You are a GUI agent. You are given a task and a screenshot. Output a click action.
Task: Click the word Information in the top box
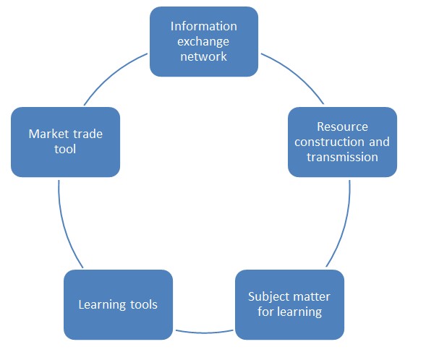204,26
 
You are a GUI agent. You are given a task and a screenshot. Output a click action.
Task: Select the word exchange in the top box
203,42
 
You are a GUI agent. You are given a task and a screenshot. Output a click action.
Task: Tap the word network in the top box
203,56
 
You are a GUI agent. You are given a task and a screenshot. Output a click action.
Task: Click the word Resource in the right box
342,127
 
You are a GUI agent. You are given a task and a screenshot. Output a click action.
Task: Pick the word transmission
342,157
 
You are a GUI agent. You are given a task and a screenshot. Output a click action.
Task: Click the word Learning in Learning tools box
103,305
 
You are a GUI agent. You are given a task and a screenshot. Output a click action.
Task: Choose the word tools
144,304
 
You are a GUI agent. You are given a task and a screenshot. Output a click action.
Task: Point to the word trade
88,134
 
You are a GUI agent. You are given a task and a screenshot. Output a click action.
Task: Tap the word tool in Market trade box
65,150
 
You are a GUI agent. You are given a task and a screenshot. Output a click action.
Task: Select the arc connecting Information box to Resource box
296,74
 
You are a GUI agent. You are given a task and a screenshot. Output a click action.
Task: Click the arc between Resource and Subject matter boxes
344,226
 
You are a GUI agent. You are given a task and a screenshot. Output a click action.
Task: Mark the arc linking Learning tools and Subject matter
204,333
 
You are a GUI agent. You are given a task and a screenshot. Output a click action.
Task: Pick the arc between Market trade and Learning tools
64,226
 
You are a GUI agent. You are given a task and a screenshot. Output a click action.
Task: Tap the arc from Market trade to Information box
112,74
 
